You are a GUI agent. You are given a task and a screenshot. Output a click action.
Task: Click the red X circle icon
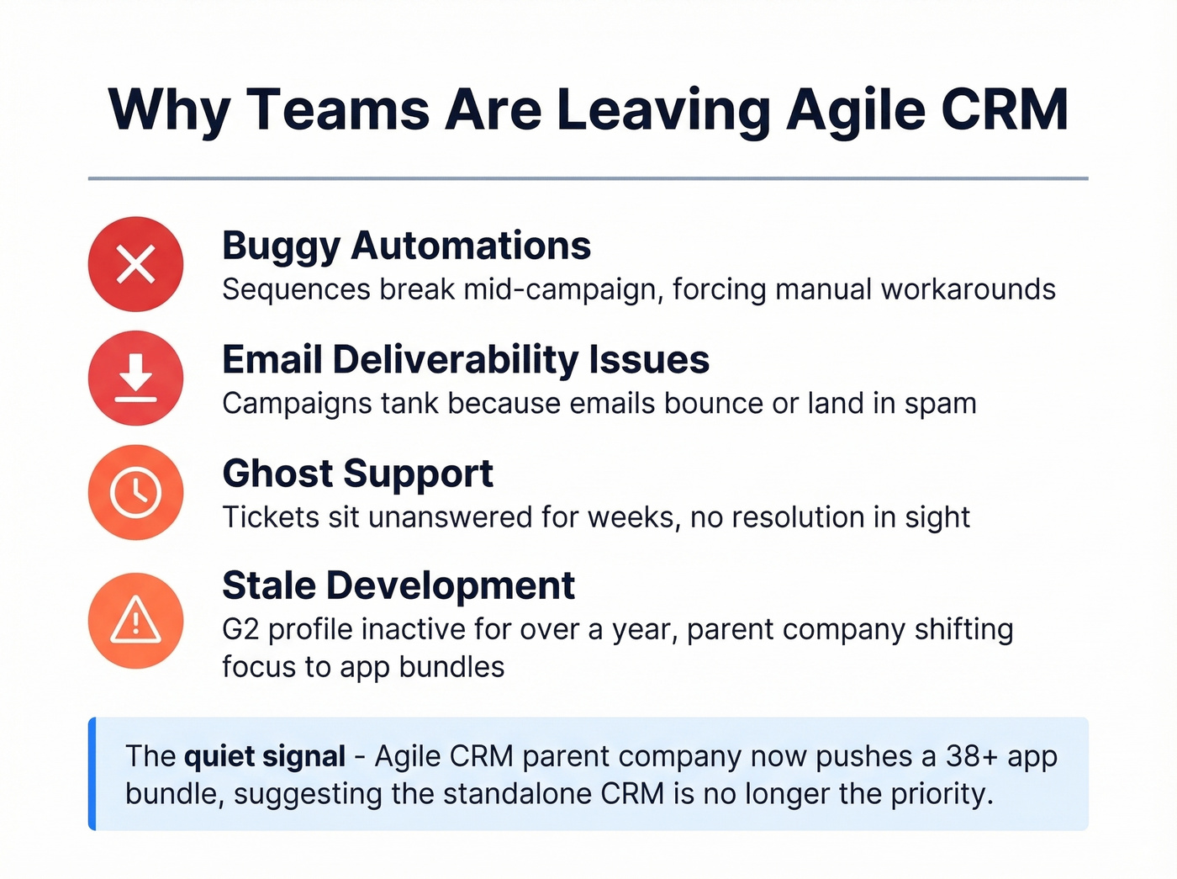click(135, 264)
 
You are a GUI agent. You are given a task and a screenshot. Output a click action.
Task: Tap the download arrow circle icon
click(135, 378)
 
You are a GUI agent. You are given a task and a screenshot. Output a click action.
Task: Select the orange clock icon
click(135, 492)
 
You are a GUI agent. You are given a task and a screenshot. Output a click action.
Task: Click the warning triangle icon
click(135, 621)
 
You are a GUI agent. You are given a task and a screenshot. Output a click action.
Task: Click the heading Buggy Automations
click(406, 246)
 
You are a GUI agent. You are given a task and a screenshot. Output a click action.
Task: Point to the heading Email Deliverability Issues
click(466, 360)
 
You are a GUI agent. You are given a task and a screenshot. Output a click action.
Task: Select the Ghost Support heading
click(357, 474)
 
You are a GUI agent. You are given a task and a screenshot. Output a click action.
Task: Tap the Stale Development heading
click(398, 585)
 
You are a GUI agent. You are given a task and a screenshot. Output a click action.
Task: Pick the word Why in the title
click(169, 110)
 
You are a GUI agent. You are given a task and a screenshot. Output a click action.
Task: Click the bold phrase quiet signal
click(265, 756)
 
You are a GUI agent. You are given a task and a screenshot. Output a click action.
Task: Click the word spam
click(940, 404)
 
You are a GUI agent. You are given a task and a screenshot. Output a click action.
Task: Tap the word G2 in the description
click(240, 629)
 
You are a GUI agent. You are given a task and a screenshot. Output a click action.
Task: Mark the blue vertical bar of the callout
click(92, 774)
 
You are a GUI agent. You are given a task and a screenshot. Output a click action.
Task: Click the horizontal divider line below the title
click(588, 178)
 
